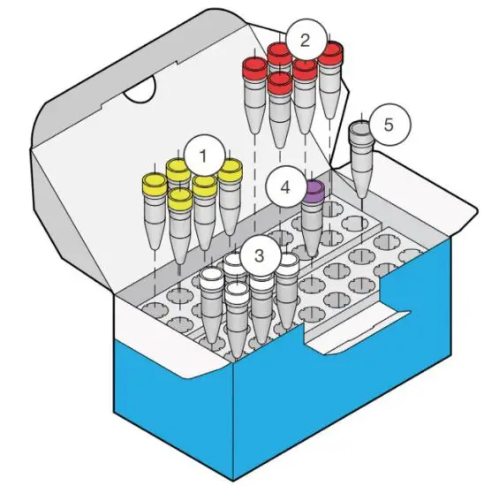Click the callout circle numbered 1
pyautogui.click(x=204, y=157)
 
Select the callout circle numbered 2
pyautogui.click(x=305, y=39)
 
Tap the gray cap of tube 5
pyautogui.click(x=362, y=131)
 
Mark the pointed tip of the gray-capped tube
pyautogui.click(x=360, y=196)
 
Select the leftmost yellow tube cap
pyautogui.click(x=155, y=184)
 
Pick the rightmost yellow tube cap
pyautogui.click(x=231, y=169)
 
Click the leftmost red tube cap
pyautogui.click(x=255, y=67)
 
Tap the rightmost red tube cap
pyautogui.click(x=330, y=52)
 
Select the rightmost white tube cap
pyautogui.click(x=287, y=262)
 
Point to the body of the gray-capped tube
pyautogui.click(x=361, y=163)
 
